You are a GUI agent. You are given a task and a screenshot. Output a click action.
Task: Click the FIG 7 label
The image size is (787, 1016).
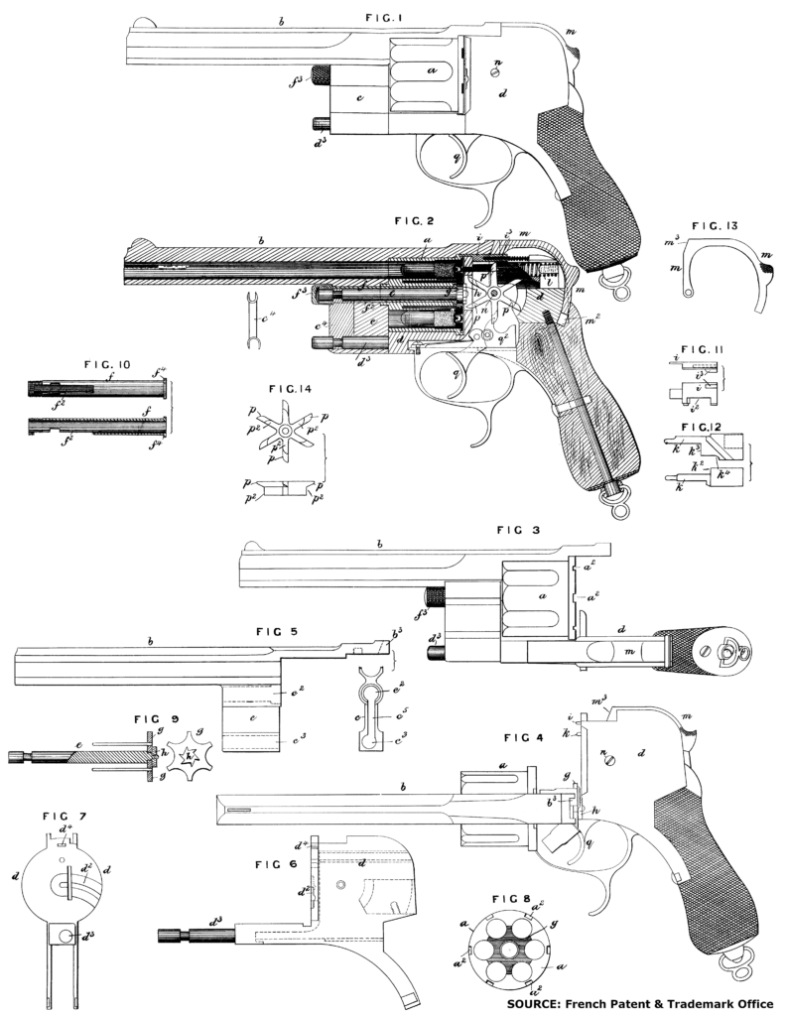pyautogui.click(x=63, y=816)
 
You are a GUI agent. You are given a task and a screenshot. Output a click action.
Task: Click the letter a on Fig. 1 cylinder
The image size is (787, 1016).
pyautogui.click(x=431, y=71)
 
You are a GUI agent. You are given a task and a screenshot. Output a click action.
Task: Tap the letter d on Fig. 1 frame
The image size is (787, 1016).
pyautogui.click(x=504, y=94)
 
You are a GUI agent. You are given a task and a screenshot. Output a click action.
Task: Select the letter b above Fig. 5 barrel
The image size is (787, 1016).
pyautogui.click(x=150, y=638)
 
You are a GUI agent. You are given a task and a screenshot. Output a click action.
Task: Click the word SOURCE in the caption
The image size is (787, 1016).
pyautogui.click(x=542, y=1003)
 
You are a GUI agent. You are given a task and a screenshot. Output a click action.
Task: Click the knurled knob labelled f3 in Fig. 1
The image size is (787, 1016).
pyautogui.click(x=322, y=73)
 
